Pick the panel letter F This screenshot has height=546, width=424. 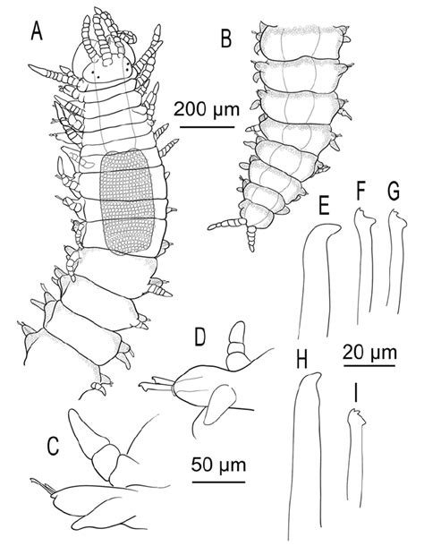pos(361,192)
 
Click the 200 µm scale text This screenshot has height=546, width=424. pos(207,110)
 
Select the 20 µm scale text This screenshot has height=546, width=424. pos(369,352)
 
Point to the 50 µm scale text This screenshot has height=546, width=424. pos(218,465)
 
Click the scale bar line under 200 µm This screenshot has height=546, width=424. pos(208,127)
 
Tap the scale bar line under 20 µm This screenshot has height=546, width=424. pos(369,366)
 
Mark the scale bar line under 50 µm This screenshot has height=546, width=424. pos(218,482)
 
